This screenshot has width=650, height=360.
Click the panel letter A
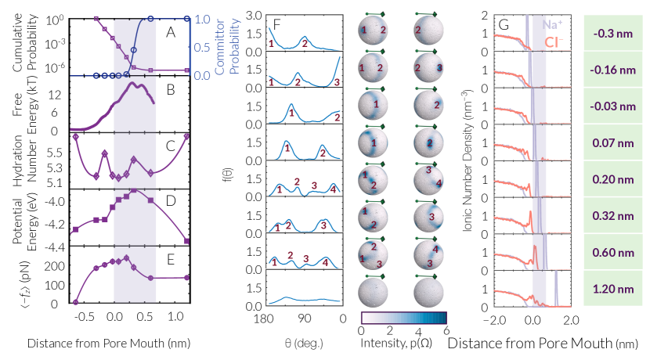point(170,33)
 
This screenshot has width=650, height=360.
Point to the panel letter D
point(171,201)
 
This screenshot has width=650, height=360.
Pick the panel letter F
point(276,25)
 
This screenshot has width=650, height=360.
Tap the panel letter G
point(504,25)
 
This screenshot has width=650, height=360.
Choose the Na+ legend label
point(552,24)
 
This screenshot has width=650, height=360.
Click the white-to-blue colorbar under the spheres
point(403,317)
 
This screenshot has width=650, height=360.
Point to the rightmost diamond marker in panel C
point(187,137)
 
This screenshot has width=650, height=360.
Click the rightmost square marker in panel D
point(187,240)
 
